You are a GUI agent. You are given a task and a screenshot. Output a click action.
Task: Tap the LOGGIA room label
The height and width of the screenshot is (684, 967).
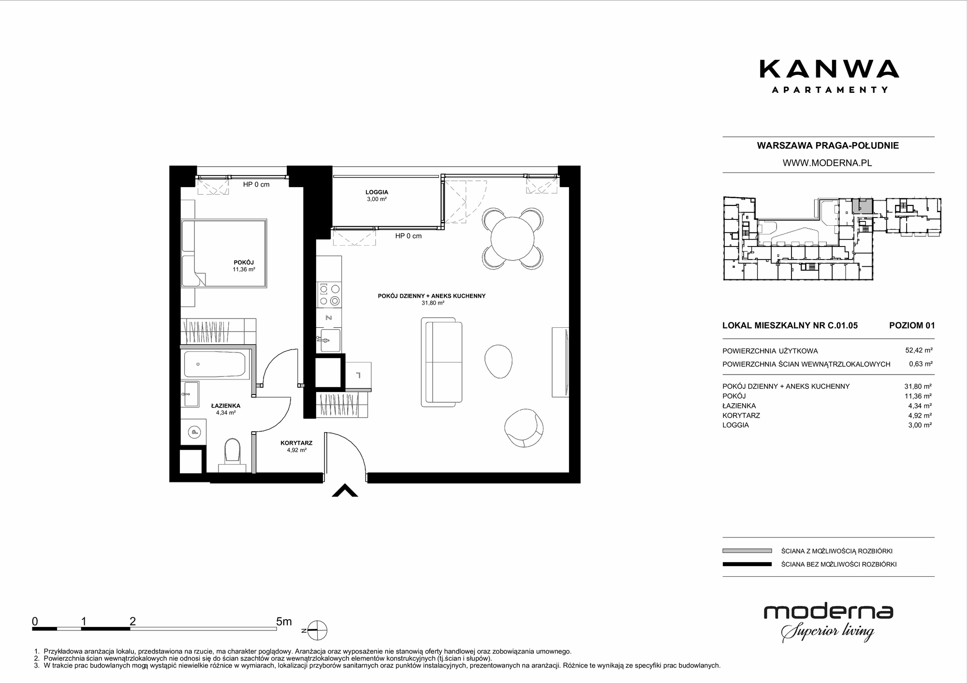(x=377, y=192)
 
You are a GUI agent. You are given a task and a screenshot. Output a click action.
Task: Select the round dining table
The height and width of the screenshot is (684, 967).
(x=513, y=239)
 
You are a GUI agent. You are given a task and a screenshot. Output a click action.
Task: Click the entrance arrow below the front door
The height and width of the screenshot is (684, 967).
(x=345, y=491)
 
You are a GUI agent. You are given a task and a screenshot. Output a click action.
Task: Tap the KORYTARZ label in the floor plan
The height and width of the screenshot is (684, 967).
(x=296, y=443)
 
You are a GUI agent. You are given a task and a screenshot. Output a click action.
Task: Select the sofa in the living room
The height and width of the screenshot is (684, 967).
(x=441, y=362)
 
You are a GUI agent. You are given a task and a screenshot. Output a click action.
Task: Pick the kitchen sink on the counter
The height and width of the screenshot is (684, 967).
(x=329, y=341)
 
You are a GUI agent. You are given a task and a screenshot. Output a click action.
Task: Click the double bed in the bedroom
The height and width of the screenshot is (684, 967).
(x=224, y=254)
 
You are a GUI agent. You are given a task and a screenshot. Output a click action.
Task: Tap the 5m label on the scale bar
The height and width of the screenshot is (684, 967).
(x=284, y=621)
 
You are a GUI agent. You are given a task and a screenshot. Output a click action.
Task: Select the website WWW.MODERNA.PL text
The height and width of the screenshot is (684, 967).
(x=827, y=163)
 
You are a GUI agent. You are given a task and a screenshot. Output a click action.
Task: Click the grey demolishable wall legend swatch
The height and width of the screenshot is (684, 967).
(x=747, y=551)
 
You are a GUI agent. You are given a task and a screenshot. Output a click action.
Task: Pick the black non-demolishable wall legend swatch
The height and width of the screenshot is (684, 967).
(x=747, y=564)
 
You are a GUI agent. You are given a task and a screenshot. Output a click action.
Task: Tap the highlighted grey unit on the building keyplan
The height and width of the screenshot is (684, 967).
(x=862, y=206)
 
